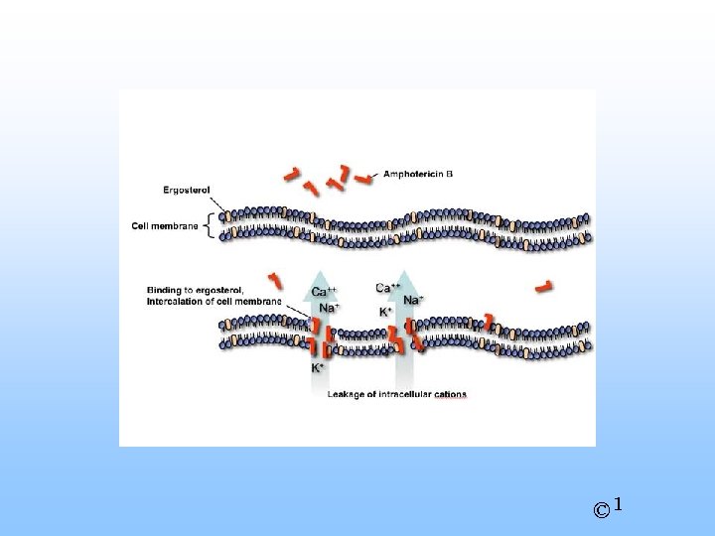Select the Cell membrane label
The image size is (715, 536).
click(x=165, y=225)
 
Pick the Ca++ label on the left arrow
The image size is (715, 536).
click(x=325, y=292)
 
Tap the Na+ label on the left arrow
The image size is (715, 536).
click(x=329, y=308)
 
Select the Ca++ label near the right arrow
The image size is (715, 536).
click(x=388, y=288)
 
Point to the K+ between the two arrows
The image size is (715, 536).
click(x=385, y=312)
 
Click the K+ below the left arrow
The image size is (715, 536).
click(x=318, y=367)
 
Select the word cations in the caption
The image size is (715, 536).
click(x=449, y=394)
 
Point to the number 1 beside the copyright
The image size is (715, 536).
click(x=618, y=505)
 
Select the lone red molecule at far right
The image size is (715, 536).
click(x=543, y=287)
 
